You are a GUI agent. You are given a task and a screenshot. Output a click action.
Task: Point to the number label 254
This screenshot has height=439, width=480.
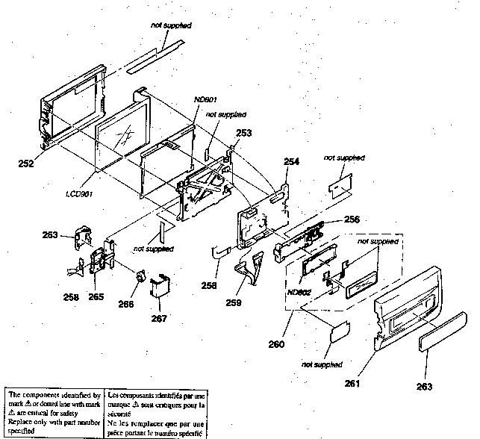[x=293, y=161]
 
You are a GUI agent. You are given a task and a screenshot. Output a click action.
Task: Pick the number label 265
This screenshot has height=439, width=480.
[x=96, y=296]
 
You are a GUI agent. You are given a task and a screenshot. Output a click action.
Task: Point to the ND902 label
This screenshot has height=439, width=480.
[x=299, y=292]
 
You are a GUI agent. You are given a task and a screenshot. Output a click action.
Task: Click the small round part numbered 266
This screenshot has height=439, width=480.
[x=139, y=277]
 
